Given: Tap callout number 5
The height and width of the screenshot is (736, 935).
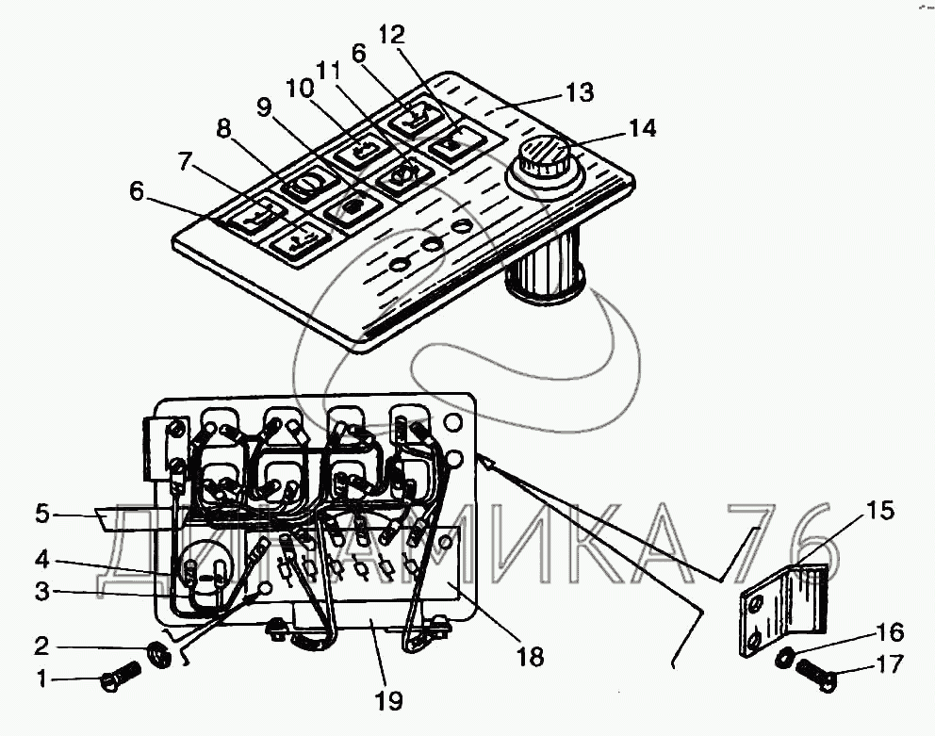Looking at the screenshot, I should click(x=41, y=515).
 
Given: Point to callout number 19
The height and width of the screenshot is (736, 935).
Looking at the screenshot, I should click(x=387, y=700).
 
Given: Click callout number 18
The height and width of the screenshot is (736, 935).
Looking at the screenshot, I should click(x=531, y=656).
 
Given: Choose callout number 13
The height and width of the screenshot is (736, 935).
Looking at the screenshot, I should click(x=579, y=92).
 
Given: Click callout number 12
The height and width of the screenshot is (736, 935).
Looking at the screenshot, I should click(x=391, y=35).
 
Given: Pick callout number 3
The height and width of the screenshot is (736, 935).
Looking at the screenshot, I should click(x=41, y=592).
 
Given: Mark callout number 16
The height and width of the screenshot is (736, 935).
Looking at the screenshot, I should click(x=893, y=632).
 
